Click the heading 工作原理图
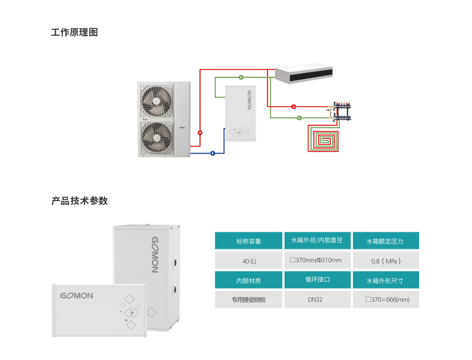pyautogui.click(x=74, y=32)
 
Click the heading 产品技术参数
pyautogui.click(x=79, y=201)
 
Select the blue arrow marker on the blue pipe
pyautogui.click(x=213, y=153)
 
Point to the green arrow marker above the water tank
pyautogui.click(x=241, y=78)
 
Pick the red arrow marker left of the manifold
pyautogui.click(x=294, y=107)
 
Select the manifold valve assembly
pyautogui.click(x=341, y=110)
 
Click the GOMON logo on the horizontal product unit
pyautogui.click(x=76, y=296)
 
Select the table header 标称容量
pyautogui.click(x=249, y=241)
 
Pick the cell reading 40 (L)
pyautogui.click(x=249, y=261)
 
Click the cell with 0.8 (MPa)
pyautogui.click(x=385, y=261)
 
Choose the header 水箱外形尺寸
pyautogui.click(x=385, y=281)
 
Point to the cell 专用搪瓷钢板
pyautogui.click(x=249, y=300)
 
